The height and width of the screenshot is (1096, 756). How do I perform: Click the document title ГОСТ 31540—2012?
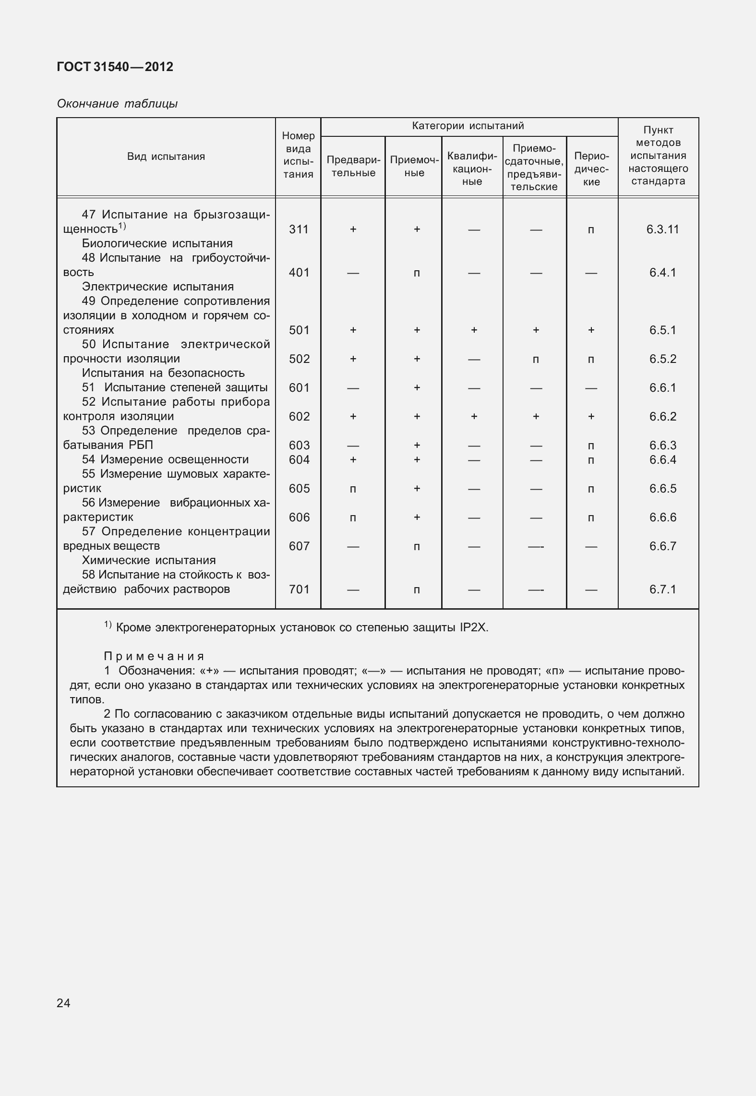[115, 67]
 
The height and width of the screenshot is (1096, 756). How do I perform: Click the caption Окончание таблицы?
[117, 104]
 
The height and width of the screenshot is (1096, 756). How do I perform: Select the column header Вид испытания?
[166, 157]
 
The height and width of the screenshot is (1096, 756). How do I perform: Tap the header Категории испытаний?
[468, 126]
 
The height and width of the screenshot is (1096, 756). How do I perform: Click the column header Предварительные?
[353, 167]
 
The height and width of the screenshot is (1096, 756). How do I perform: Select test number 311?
[299, 229]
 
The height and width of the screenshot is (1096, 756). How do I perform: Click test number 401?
[299, 273]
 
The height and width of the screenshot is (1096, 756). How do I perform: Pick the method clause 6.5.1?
[662, 330]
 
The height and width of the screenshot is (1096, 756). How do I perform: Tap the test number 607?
[299, 546]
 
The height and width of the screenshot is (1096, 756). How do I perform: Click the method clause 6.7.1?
[662, 590]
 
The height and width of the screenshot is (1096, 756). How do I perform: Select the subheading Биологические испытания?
[157, 243]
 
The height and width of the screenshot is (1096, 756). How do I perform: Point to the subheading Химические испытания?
[149, 560]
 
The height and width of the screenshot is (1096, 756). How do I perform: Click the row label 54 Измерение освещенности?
[165, 459]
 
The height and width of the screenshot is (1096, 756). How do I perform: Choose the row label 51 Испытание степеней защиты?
[175, 387]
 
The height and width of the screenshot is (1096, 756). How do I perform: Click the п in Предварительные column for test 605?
[353, 489]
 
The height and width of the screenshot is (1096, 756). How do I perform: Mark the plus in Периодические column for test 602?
[591, 417]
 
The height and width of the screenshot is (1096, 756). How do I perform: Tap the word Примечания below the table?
[154, 656]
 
